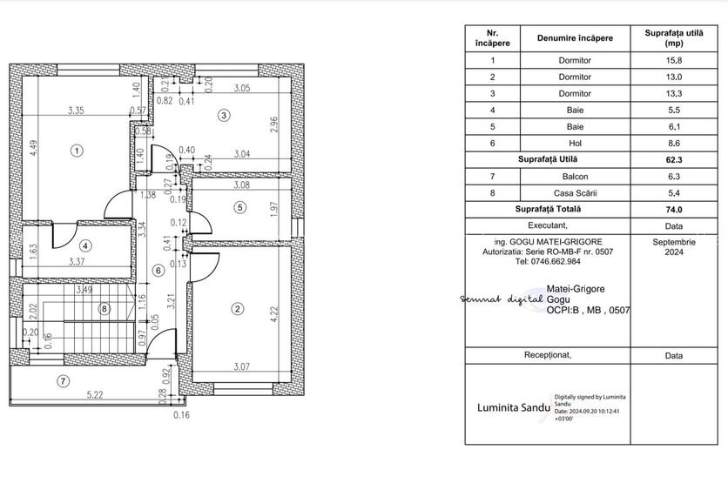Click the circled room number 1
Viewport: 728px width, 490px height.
tap(78, 151)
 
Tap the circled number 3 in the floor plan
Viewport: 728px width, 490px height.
tap(224, 115)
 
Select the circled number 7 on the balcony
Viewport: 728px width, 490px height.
tap(62, 380)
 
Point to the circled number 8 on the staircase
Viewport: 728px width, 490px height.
tap(104, 307)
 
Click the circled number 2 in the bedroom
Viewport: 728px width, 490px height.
tap(237, 307)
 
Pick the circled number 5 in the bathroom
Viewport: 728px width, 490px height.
tap(240, 207)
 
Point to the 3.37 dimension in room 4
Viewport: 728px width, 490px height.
tap(78, 259)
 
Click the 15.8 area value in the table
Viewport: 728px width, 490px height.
tap(673, 61)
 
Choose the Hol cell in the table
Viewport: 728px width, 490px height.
tap(574, 143)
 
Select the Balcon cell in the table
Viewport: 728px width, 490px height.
tap(574, 176)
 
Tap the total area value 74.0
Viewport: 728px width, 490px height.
tap(673, 209)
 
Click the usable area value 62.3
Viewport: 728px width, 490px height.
tap(673, 159)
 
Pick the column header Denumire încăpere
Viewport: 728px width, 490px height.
tap(574, 37)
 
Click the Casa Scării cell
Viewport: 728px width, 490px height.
tap(574, 192)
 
